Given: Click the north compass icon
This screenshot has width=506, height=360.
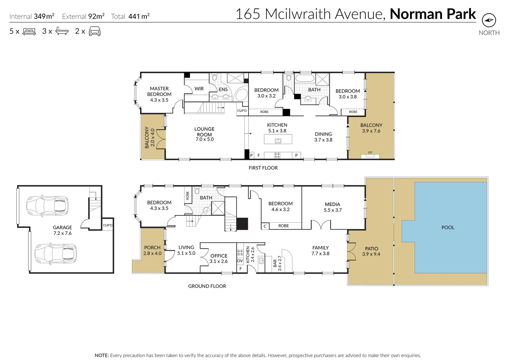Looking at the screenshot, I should (x=489, y=20).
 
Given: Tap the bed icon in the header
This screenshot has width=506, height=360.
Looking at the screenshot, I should (x=29, y=32).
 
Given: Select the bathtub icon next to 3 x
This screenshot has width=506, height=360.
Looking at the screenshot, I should (x=62, y=31).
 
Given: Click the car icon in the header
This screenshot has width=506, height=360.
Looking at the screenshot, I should (x=94, y=31).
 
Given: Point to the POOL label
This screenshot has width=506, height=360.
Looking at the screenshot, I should (x=448, y=227).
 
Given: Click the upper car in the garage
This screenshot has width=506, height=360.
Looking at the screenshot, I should (x=47, y=206).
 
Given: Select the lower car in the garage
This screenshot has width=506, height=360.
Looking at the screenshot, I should (x=56, y=254).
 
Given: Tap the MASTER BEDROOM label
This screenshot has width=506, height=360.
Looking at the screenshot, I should (x=159, y=91).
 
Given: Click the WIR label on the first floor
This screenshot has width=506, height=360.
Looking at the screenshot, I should (x=199, y=89).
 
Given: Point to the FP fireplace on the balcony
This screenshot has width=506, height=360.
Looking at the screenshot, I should (x=370, y=155).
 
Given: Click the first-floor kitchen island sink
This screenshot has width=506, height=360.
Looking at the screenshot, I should (x=278, y=141).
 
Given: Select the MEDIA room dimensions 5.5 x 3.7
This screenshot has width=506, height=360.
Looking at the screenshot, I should (x=333, y=210).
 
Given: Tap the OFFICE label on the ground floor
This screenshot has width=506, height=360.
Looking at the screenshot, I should (x=219, y=256).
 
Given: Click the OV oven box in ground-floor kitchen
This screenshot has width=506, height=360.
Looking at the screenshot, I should (x=240, y=261).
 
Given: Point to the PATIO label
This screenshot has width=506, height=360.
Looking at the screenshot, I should (x=371, y=248).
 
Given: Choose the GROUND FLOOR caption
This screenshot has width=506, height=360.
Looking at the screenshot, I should (x=207, y=286).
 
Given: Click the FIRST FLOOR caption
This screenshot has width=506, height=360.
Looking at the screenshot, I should (x=263, y=168).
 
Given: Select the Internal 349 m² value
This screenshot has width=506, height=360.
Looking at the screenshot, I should (x=44, y=16).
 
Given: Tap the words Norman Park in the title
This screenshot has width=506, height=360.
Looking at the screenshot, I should (x=433, y=14).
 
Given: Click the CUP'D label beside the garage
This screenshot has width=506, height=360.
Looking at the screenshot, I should (x=108, y=225).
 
